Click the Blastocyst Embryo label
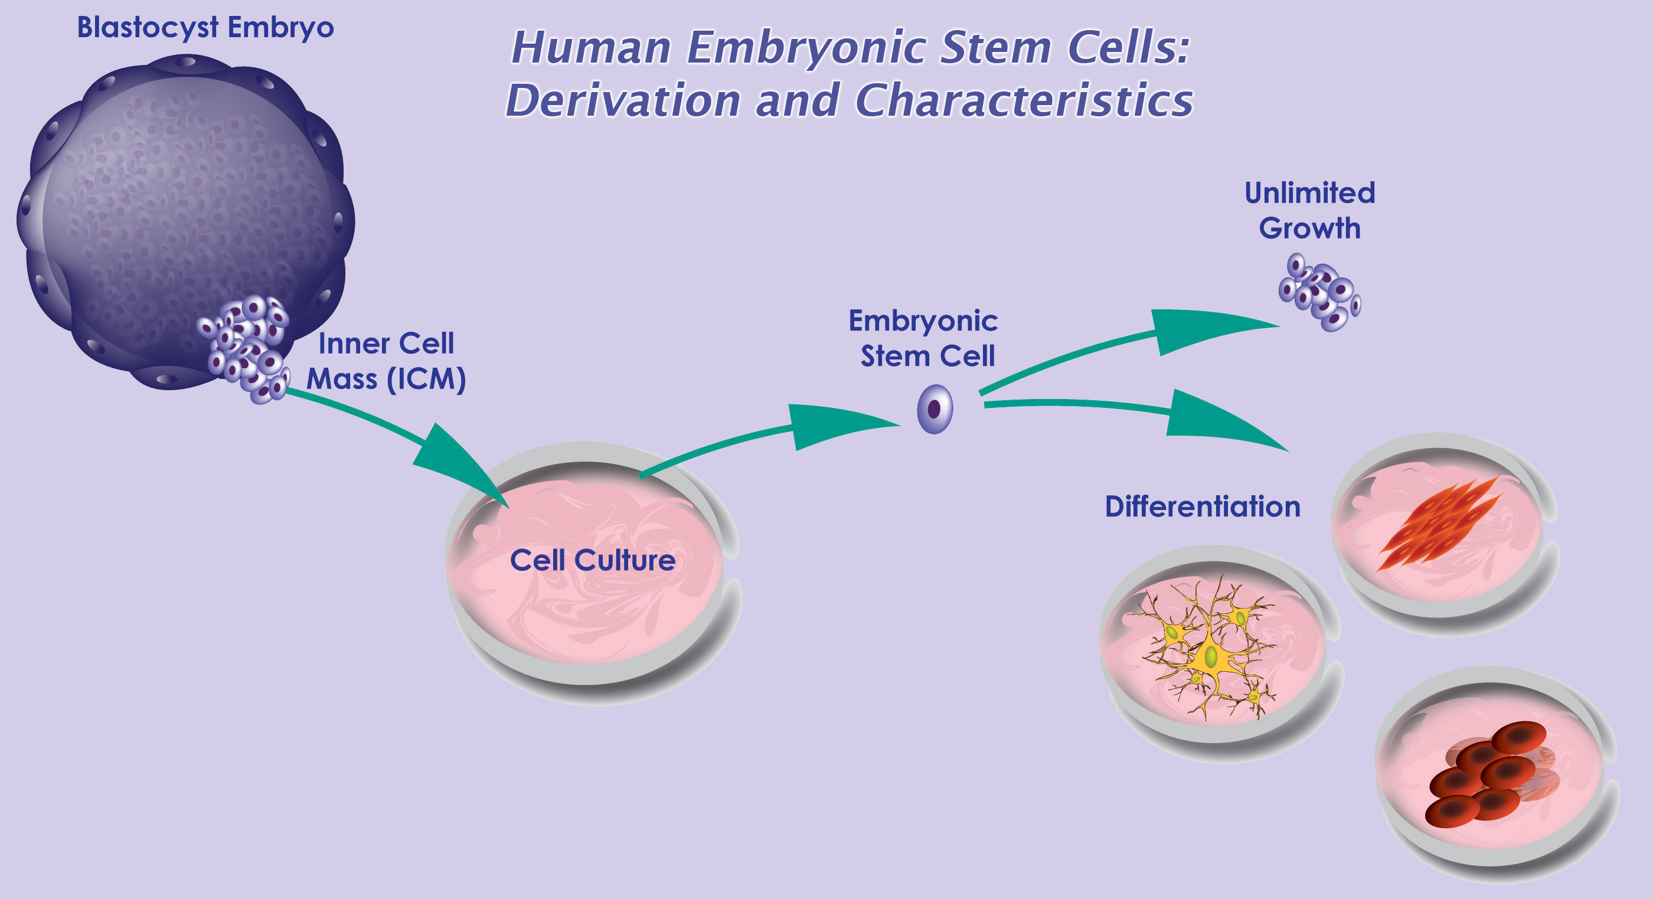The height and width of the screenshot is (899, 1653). click(205, 28)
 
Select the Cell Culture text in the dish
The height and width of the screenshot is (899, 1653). click(592, 560)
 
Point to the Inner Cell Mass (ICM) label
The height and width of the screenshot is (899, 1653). click(386, 361)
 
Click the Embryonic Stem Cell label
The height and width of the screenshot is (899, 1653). click(924, 338)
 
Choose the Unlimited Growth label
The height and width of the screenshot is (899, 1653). click(1309, 211)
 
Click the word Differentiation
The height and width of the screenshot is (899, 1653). click(1202, 506)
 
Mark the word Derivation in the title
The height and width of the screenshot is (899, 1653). click(623, 101)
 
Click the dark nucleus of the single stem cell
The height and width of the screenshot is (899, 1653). click(934, 408)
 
